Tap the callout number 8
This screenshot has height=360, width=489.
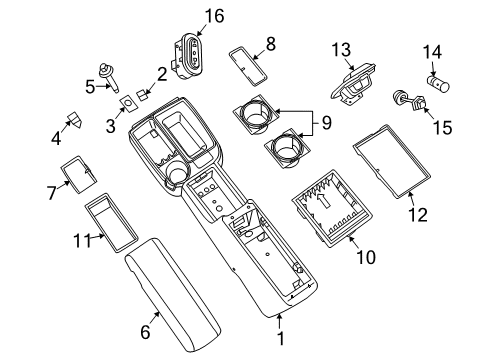(x=269, y=43)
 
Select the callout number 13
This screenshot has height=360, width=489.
(x=341, y=50)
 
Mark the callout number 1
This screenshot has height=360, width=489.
(x=279, y=340)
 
